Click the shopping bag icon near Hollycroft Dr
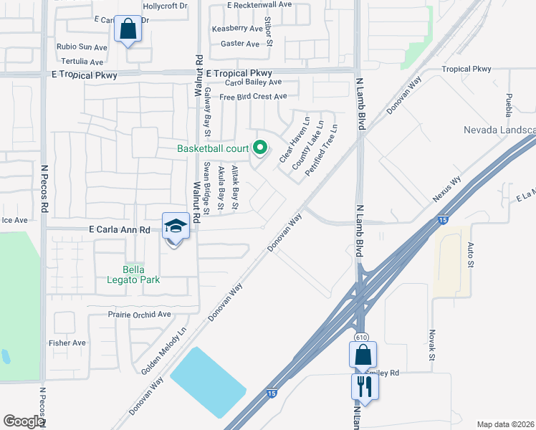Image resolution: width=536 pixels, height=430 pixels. [x=128, y=30]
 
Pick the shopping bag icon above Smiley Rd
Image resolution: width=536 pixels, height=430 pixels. [x=363, y=354]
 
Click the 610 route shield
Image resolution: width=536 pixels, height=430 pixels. [x=361, y=337]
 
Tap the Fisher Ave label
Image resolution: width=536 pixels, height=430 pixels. [x=67, y=343]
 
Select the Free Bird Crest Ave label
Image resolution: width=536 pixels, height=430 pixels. [x=253, y=97]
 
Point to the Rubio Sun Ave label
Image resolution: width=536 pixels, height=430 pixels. [x=82, y=47]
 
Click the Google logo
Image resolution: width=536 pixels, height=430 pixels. [x=24, y=421]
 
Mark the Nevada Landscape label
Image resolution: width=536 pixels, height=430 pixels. [x=499, y=130]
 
